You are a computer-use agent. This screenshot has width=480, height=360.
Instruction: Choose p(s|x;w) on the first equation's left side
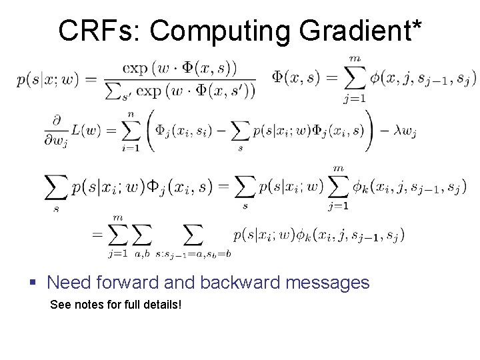tap(46, 80)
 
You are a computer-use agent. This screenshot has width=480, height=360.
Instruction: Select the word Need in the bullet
tap(69, 283)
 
